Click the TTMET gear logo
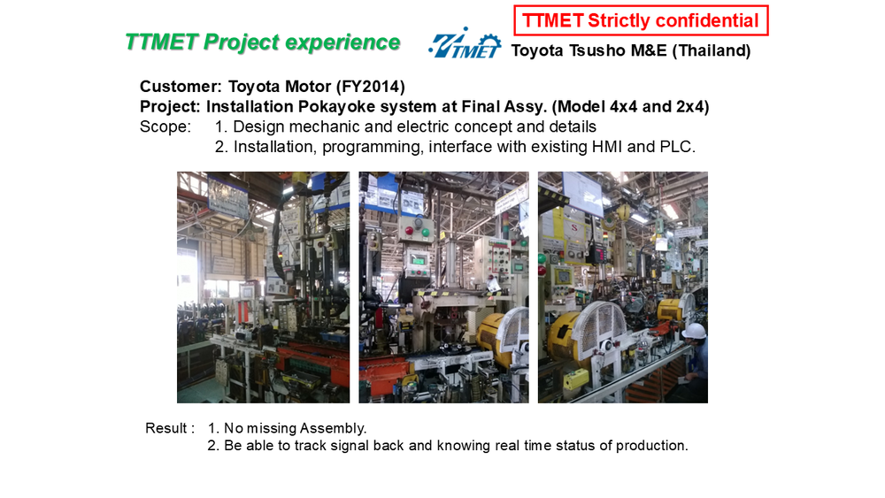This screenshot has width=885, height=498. coord(465,42)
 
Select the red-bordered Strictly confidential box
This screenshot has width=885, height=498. coord(641,21)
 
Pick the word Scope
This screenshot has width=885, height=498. coord(165,126)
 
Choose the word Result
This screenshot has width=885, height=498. coord(166,428)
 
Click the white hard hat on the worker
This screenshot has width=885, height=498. coord(694,331)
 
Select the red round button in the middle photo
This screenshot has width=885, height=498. coord(409,230)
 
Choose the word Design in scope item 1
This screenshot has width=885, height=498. coord(259,126)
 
